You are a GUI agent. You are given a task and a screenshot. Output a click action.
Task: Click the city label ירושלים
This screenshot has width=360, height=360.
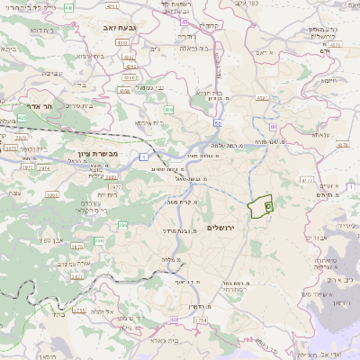pos(219,227)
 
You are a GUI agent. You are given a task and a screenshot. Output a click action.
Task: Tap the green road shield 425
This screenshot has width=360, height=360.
pos(21,118)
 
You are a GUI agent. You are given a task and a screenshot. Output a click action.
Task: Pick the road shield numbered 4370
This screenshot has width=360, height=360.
pos(308,180)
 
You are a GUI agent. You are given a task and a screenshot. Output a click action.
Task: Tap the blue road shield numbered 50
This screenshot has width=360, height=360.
pos(218,118)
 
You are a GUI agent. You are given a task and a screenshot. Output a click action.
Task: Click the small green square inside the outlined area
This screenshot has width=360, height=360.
pos(268,206)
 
